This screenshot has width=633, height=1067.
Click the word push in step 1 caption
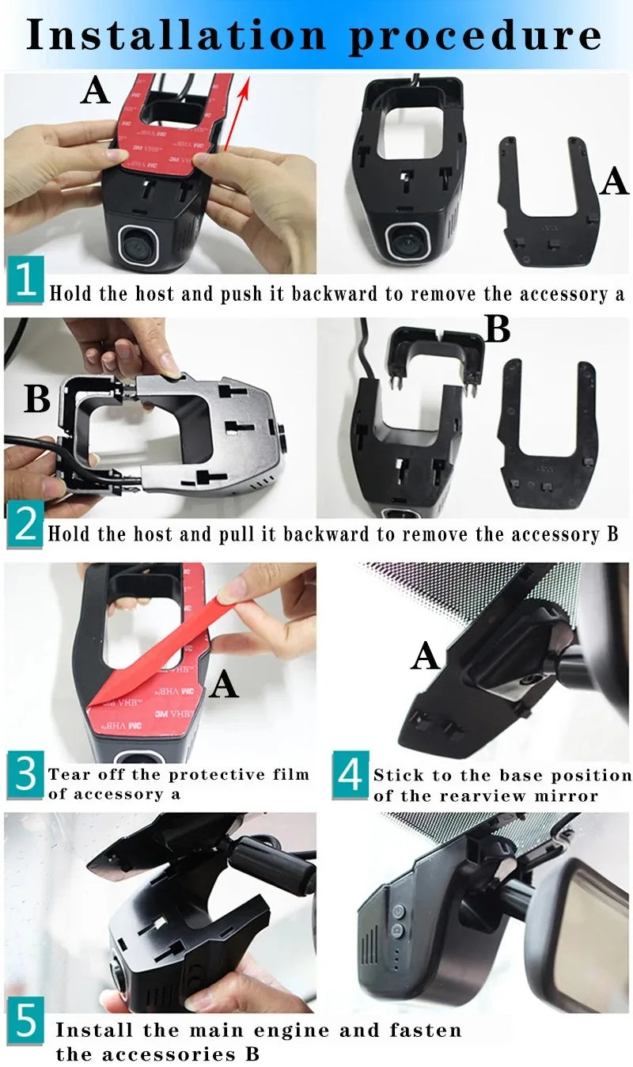(257, 294)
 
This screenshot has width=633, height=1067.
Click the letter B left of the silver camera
(37, 400)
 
